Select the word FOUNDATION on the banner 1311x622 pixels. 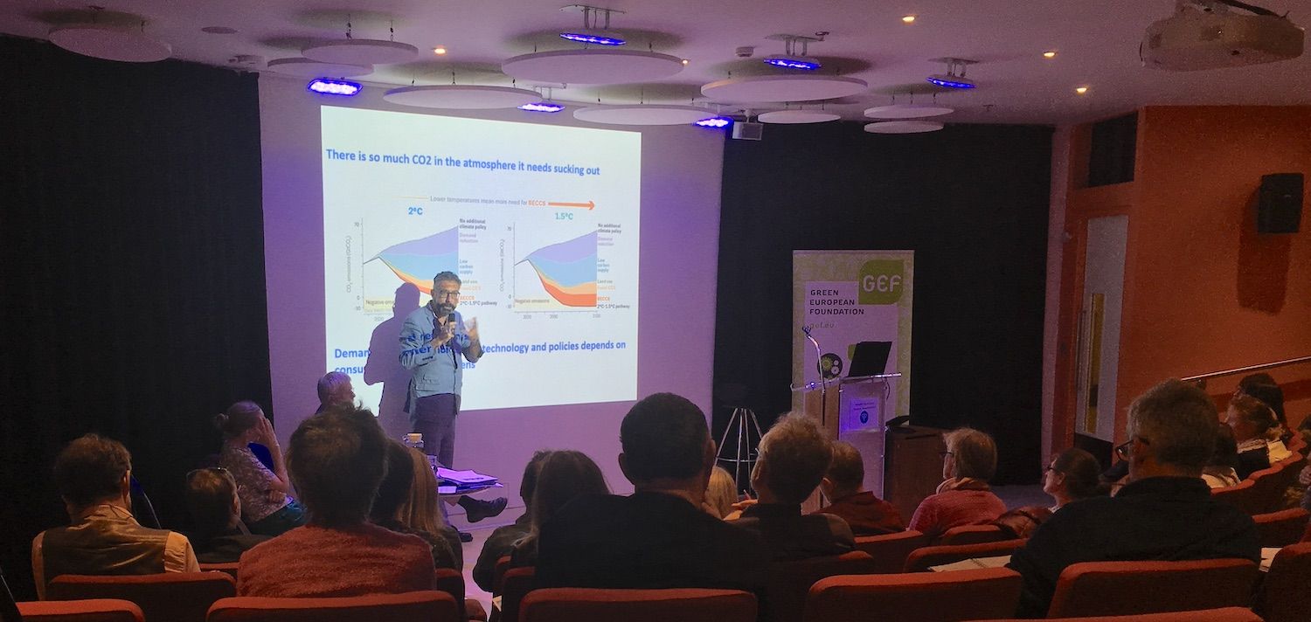[836, 311]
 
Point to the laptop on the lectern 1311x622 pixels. [870, 359]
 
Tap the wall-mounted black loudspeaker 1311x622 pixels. [1280, 203]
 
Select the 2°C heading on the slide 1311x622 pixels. [416, 211]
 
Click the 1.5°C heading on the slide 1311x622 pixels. [564, 216]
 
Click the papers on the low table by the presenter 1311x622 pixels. [468, 477]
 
